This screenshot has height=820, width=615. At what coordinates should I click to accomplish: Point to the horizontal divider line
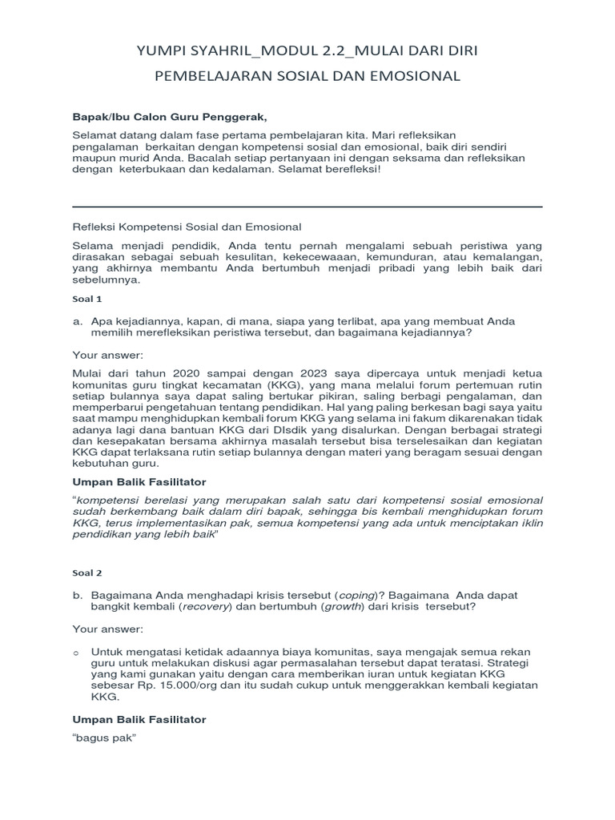[307, 207]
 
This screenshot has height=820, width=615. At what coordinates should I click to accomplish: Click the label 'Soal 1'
[87, 299]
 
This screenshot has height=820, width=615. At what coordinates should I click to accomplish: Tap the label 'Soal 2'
[87, 573]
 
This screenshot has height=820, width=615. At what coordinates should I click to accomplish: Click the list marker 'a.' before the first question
[78, 320]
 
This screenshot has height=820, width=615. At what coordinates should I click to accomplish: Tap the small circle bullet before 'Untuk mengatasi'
[77, 652]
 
